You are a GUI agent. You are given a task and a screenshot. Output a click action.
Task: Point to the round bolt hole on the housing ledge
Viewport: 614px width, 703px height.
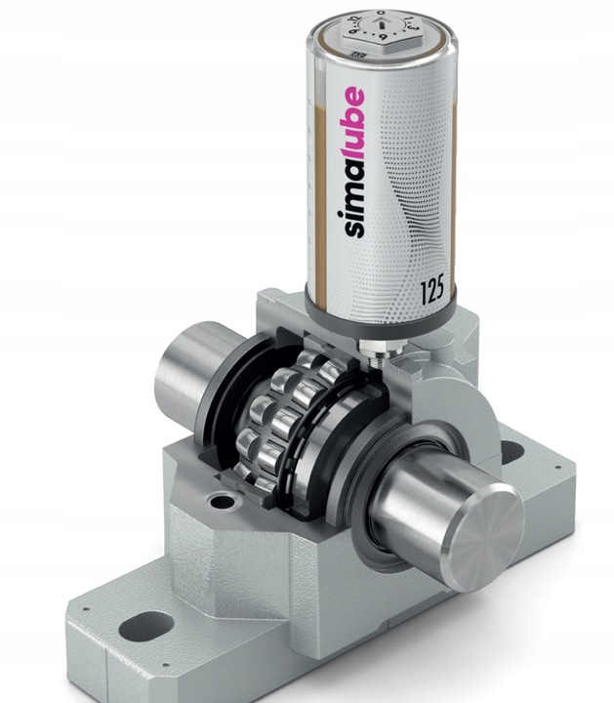[222, 502]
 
